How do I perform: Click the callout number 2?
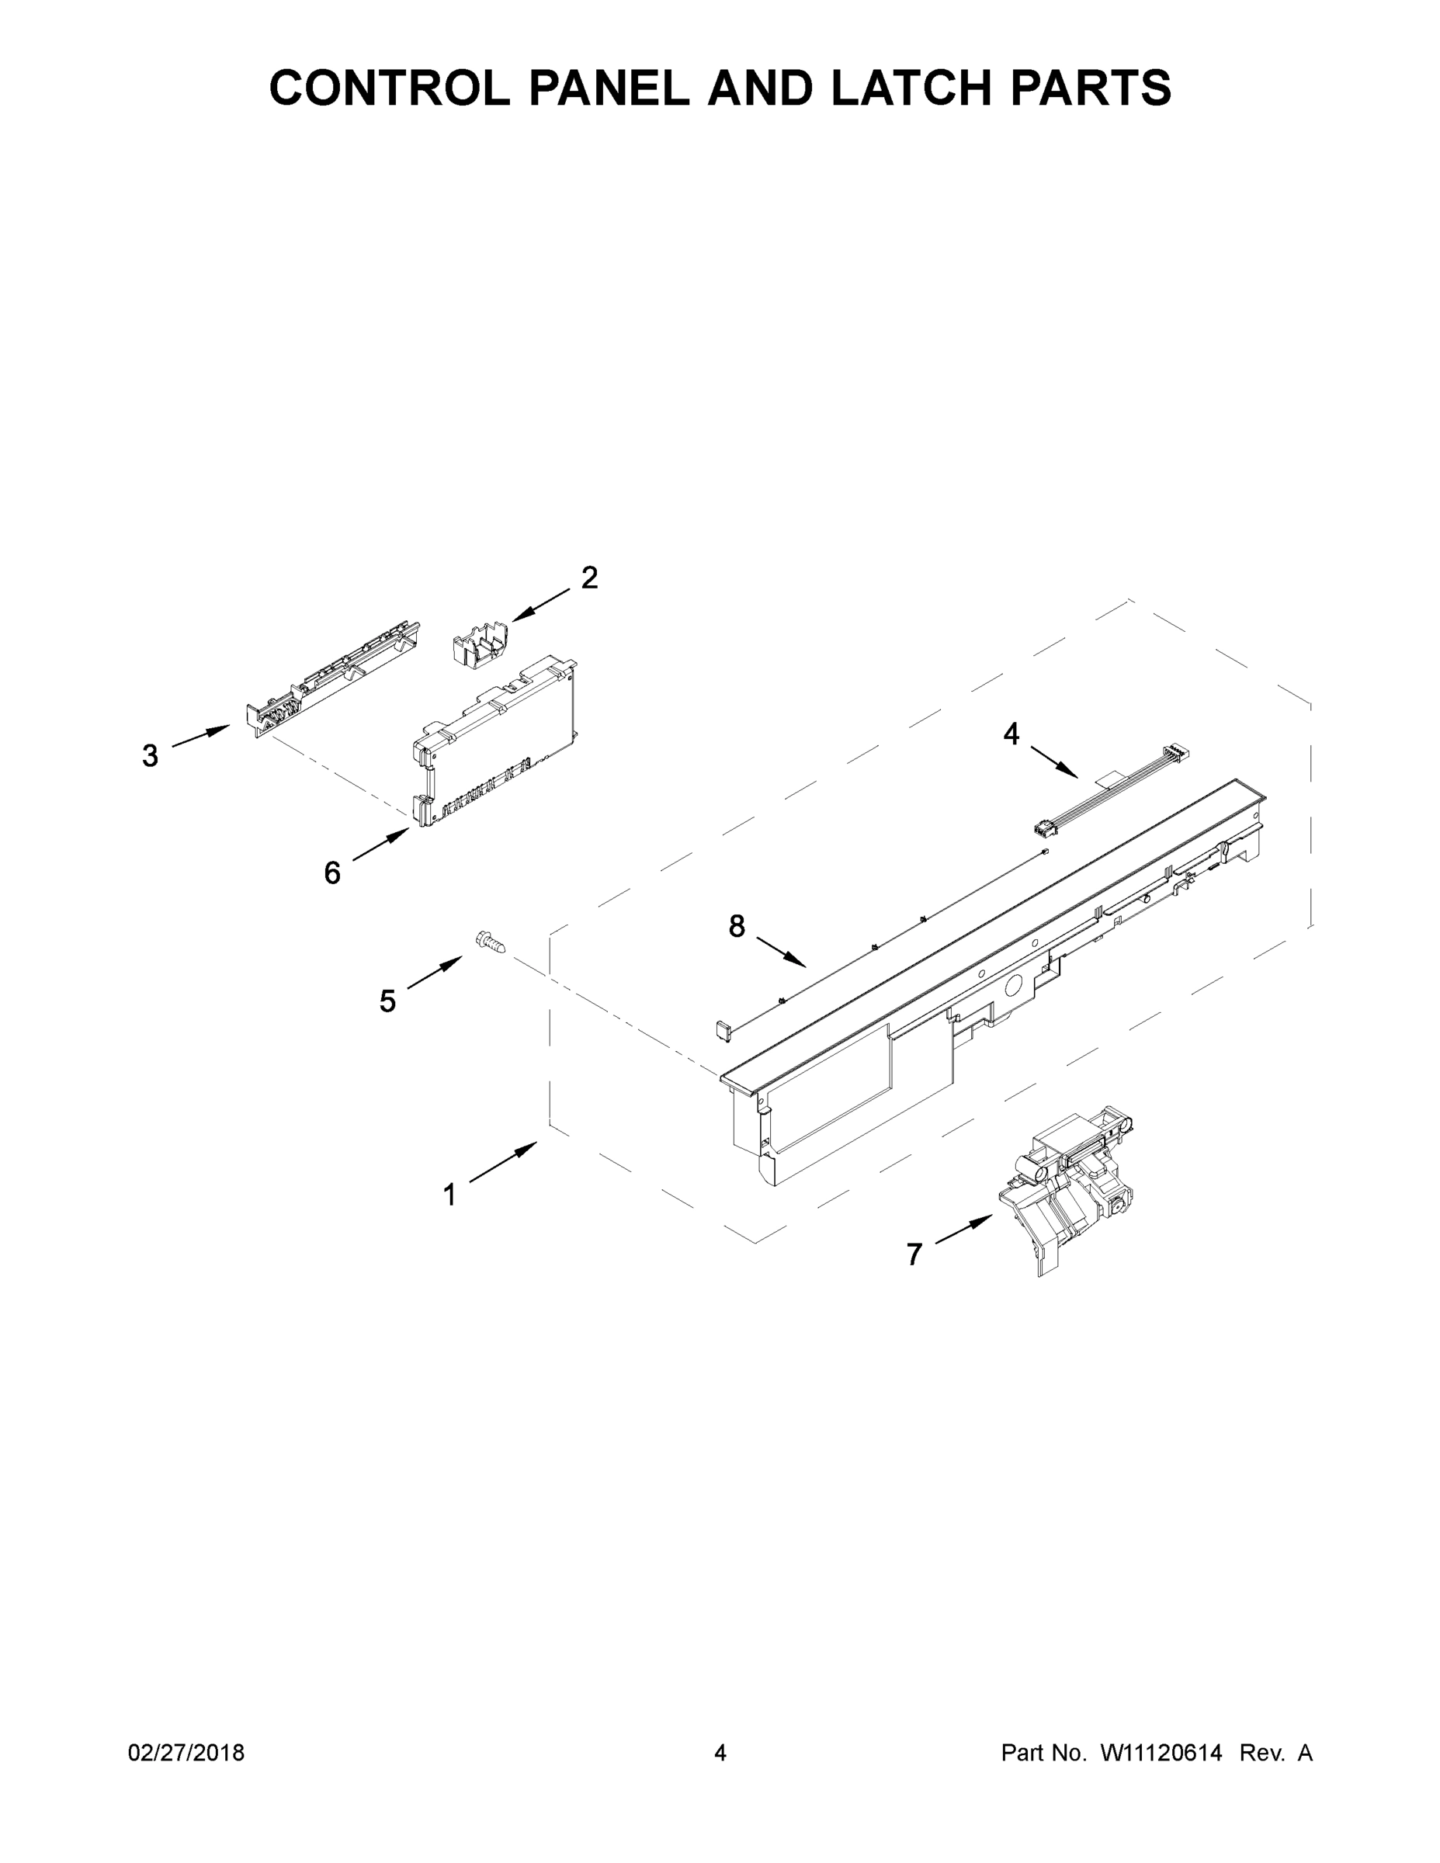pyautogui.click(x=588, y=578)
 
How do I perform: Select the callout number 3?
pyautogui.click(x=150, y=756)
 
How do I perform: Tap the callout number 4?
pyautogui.click(x=1011, y=734)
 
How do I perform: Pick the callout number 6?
pyautogui.click(x=331, y=873)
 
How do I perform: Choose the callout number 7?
pyautogui.click(x=914, y=1254)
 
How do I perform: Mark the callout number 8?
pyautogui.click(x=736, y=925)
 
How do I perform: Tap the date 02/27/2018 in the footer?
pyautogui.click(x=186, y=1753)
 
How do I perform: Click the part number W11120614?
pyautogui.click(x=1161, y=1753)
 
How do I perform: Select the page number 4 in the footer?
pyautogui.click(x=720, y=1753)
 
